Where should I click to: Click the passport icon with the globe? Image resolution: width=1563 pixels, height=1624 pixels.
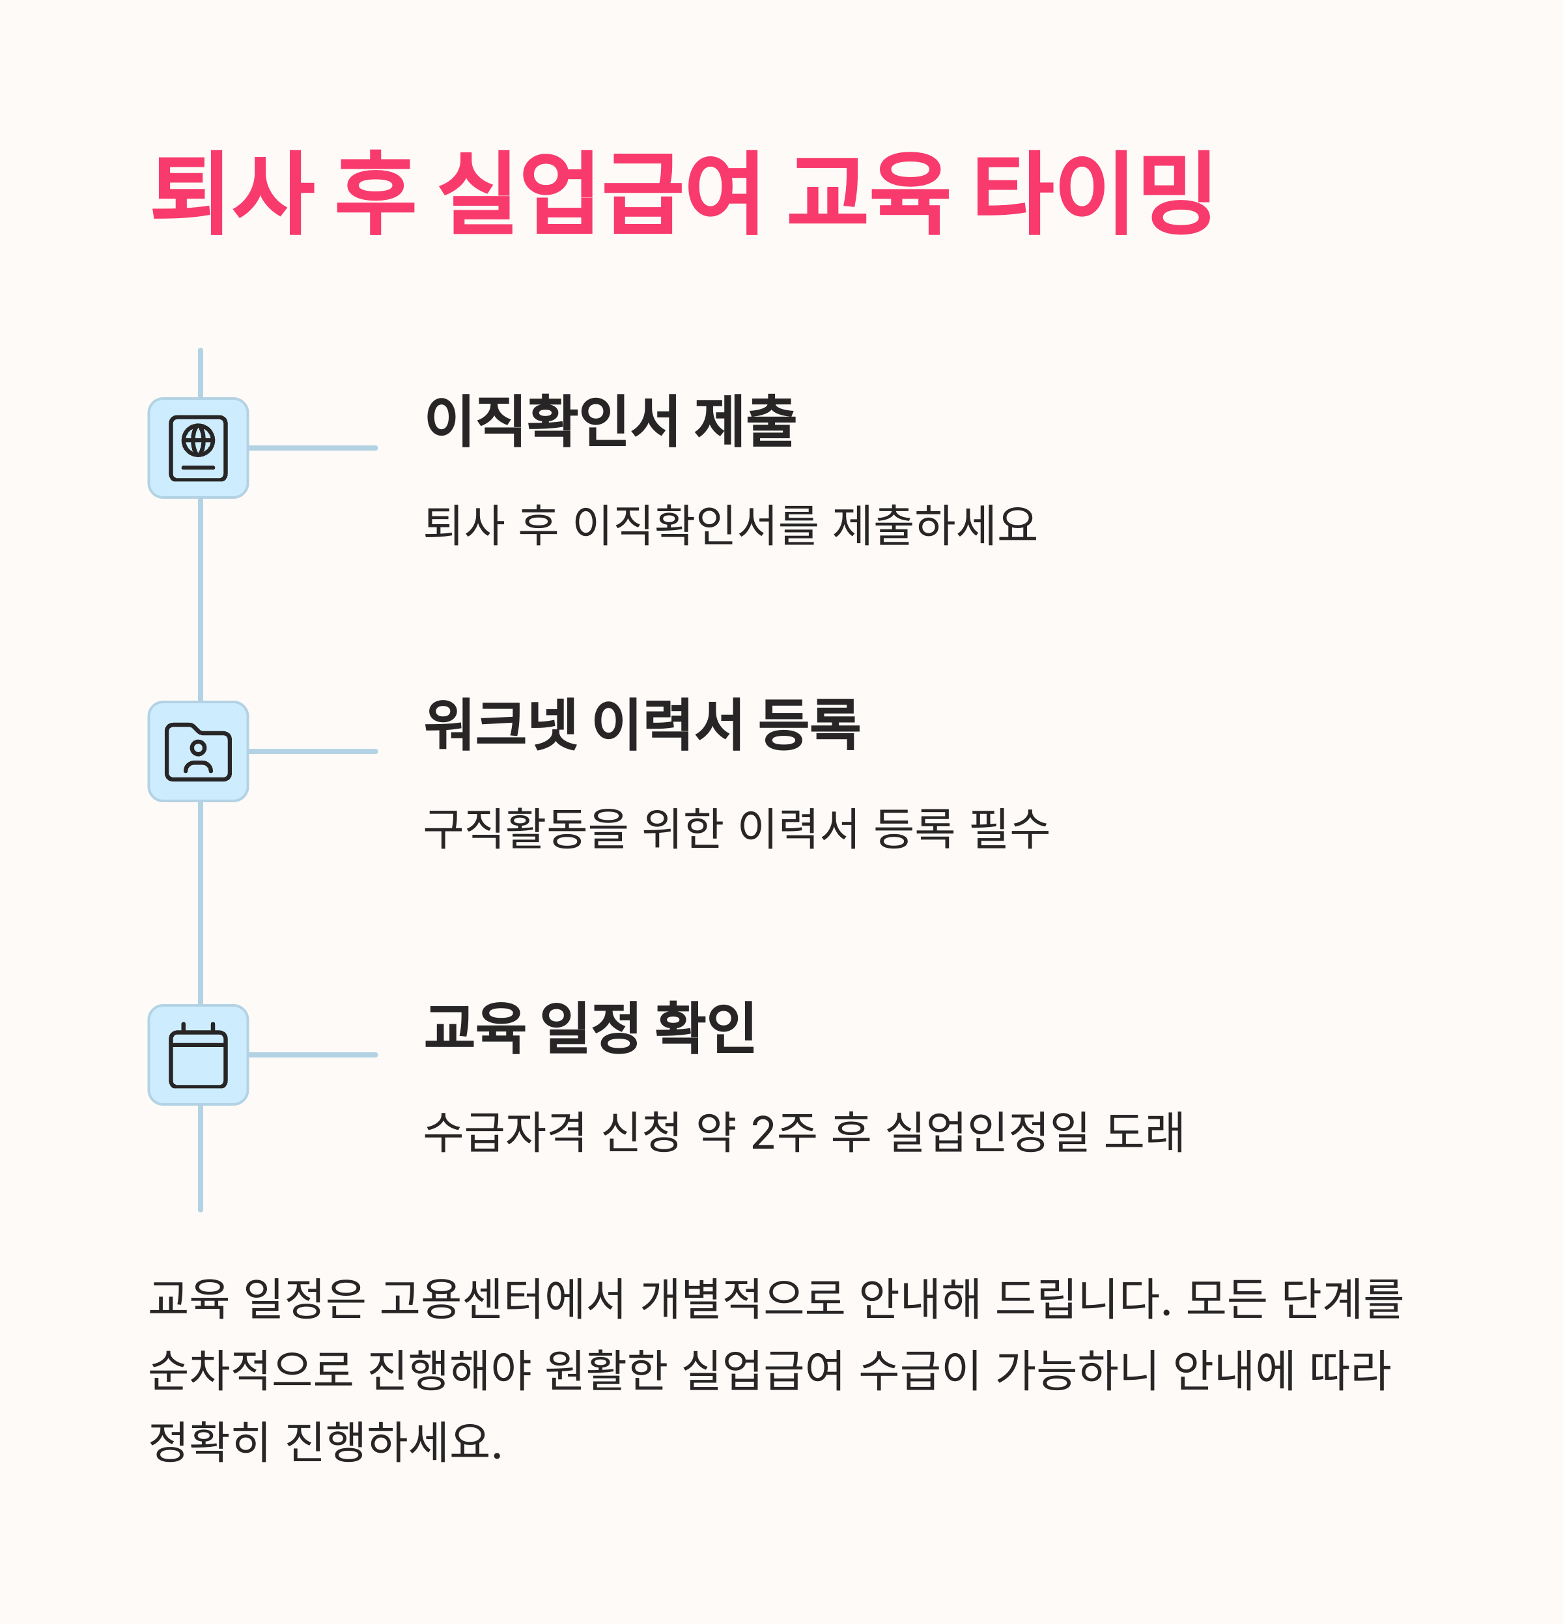[198, 448]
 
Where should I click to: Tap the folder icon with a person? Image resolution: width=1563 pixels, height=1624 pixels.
[198, 751]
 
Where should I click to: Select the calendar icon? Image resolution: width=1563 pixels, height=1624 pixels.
[198, 1055]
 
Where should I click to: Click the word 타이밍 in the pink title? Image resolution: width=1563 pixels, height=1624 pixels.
[1092, 192]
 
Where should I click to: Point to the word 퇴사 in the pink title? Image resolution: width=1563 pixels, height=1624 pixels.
[231, 192]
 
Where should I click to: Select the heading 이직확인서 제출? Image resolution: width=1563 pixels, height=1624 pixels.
[610, 421]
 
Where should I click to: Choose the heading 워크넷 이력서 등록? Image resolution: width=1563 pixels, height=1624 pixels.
[641, 724]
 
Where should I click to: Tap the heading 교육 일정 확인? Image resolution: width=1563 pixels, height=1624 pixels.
[589, 1028]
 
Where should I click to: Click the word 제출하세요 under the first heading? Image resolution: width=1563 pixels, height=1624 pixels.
[934, 524]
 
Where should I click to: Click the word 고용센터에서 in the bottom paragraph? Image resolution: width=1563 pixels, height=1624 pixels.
[501, 1298]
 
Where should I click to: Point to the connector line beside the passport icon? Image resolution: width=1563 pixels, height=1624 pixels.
[313, 448]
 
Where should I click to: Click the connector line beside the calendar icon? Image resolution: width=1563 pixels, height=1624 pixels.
[313, 1055]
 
